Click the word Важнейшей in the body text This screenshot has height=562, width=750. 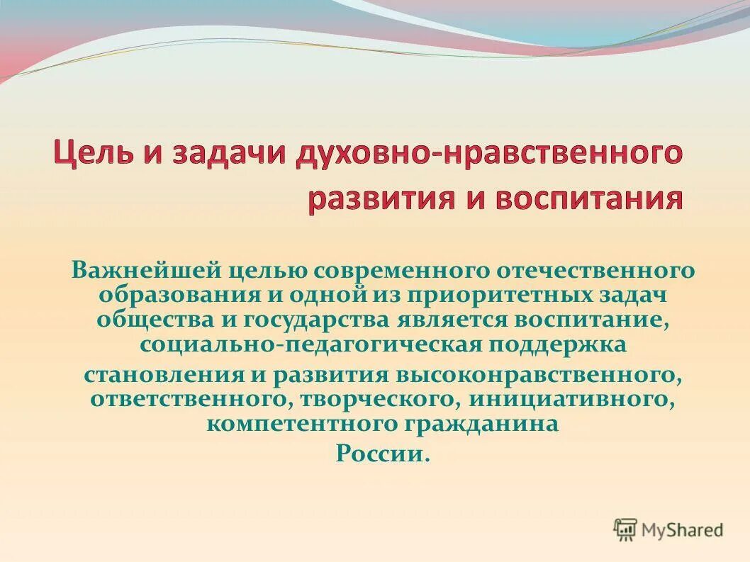(x=145, y=270)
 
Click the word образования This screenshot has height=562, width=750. (x=172, y=294)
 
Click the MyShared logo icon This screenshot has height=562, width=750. (x=625, y=529)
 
